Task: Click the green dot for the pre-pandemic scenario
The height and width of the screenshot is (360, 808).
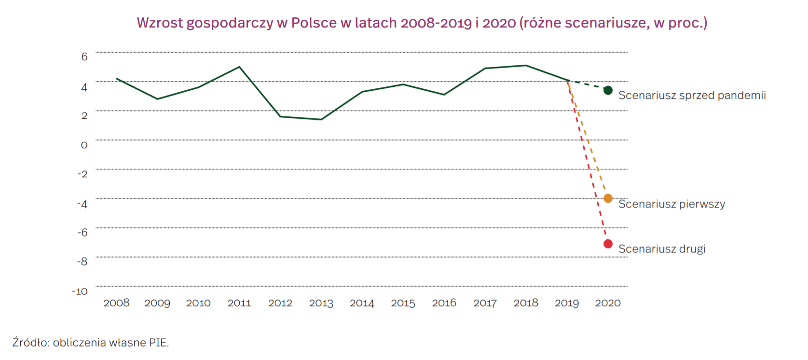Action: tap(608, 90)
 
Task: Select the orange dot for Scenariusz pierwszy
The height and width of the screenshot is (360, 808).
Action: tap(608, 198)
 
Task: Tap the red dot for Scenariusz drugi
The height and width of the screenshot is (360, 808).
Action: tap(608, 244)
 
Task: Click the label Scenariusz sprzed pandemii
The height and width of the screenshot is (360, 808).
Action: tap(692, 96)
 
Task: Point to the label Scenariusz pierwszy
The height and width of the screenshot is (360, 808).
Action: tap(671, 204)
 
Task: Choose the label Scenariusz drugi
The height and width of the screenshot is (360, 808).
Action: tap(662, 249)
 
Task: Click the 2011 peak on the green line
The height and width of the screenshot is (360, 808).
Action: tap(239, 67)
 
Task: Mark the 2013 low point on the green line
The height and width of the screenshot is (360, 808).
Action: tap(321, 119)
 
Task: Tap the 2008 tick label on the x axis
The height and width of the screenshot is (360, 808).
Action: tap(116, 303)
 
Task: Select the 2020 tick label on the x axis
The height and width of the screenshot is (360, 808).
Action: tap(608, 303)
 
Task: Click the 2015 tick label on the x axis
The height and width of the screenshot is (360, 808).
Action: tap(403, 303)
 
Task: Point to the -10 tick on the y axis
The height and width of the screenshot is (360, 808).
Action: tap(80, 291)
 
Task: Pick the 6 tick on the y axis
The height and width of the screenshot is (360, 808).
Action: tap(84, 57)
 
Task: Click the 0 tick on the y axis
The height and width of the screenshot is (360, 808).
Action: tap(84, 145)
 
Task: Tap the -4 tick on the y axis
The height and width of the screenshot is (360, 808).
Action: tap(82, 204)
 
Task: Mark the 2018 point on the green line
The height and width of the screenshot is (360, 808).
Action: tap(526, 66)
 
